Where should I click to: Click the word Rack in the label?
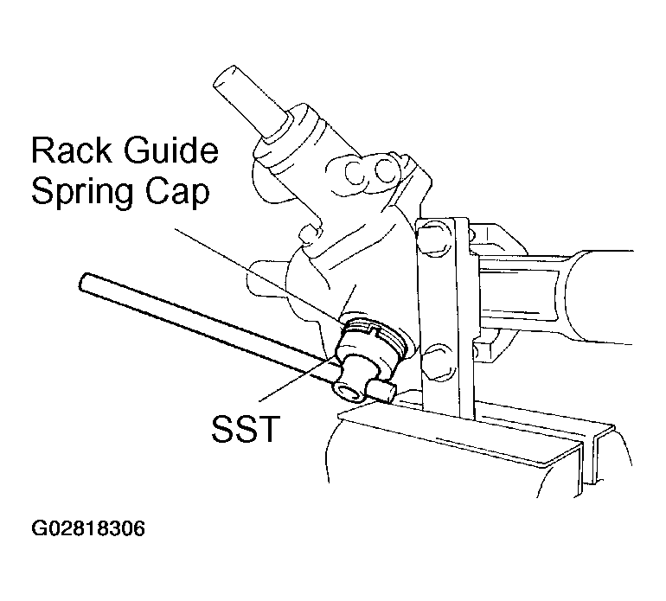71,150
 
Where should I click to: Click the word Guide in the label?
170,150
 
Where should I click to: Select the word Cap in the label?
178,192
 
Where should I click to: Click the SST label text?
246,428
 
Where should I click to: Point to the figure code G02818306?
88,529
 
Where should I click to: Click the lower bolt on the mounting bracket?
438,361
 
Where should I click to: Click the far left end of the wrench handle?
84,282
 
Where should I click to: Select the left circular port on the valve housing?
355,173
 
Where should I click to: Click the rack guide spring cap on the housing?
374,336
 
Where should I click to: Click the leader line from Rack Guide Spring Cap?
258,274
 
